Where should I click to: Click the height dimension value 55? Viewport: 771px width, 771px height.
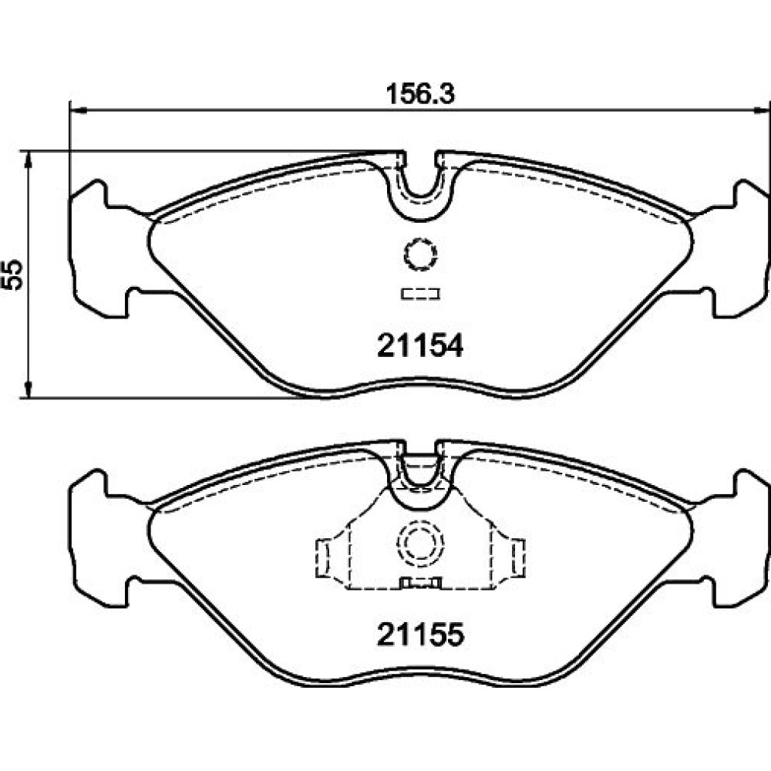coord(13,275)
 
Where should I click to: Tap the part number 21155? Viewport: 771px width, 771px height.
coord(420,635)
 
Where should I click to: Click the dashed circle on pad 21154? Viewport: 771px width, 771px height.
coord(405,254)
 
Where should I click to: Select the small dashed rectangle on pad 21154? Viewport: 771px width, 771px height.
coord(420,294)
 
